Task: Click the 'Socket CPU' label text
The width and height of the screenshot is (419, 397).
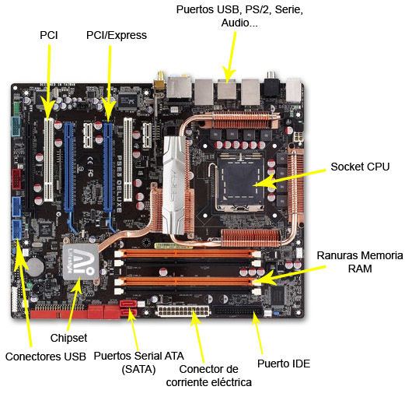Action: tap(360, 167)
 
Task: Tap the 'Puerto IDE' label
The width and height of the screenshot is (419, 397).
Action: tap(284, 364)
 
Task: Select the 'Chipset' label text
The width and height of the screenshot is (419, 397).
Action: tap(68, 338)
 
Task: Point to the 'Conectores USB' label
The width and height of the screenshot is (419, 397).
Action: tap(46, 357)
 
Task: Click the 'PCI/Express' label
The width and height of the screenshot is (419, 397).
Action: tap(117, 35)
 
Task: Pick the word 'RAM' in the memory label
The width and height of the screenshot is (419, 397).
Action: tap(360, 269)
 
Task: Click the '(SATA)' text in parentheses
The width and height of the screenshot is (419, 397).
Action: tap(138, 369)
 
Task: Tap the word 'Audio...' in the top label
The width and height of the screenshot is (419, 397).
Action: tap(239, 23)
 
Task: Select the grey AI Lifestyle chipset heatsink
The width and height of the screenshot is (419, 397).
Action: tap(79, 262)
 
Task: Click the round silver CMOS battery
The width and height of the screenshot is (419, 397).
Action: tap(35, 267)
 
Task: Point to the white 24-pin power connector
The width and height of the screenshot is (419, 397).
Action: tap(183, 311)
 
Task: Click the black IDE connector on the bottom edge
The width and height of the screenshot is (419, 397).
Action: tap(239, 311)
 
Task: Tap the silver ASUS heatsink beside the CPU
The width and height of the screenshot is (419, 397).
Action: tap(174, 185)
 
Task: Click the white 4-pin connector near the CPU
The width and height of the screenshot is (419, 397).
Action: tap(299, 137)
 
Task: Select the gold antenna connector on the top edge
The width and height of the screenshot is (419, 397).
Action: tap(160, 80)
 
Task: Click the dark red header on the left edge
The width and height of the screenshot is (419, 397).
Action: tap(17, 179)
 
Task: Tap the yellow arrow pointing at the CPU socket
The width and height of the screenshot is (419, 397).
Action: tap(289, 177)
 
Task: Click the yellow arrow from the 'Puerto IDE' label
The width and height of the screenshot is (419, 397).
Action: tap(257, 333)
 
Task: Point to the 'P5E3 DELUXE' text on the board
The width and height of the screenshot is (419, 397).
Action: tap(119, 184)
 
